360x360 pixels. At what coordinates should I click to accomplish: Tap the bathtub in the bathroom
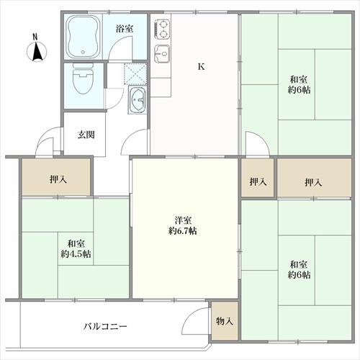coord(85,37)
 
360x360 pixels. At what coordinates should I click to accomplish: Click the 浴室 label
coord(125,29)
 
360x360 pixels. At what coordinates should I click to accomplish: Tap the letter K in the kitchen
coord(202,68)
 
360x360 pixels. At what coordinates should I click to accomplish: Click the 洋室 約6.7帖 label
coord(183,225)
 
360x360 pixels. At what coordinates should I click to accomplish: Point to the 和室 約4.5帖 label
coord(75,249)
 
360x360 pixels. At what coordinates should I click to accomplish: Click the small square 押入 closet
coord(258,182)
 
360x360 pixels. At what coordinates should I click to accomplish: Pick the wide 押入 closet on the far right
coord(313,182)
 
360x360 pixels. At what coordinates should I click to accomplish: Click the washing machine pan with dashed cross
coord(135,73)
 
